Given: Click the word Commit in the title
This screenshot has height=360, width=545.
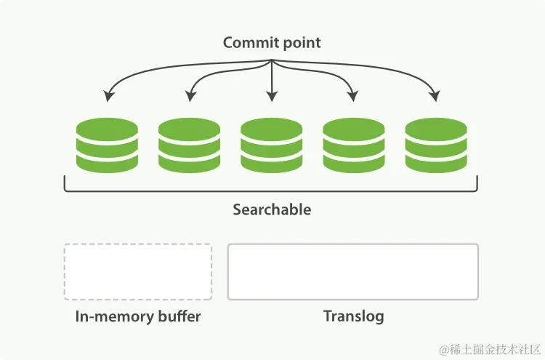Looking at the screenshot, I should click(248, 43).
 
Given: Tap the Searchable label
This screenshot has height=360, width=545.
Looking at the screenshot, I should click(272, 210).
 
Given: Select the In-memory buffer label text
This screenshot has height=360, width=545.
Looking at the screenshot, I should click(138, 317).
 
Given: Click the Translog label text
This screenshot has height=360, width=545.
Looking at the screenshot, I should click(353, 317).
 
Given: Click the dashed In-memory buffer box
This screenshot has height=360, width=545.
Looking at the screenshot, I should click(138, 271).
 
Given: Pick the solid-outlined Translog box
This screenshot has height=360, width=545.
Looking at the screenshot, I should click(353, 271).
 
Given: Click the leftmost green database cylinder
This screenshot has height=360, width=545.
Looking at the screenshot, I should click(107, 145).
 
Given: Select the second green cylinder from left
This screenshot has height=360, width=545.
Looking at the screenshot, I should click(189, 145).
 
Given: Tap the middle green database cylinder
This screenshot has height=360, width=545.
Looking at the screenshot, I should click(272, 145).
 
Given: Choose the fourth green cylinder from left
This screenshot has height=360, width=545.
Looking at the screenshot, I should click(354, 145).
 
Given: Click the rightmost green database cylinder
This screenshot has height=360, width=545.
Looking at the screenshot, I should click(436, 145).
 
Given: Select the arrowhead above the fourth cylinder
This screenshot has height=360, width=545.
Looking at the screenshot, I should click(353, 97).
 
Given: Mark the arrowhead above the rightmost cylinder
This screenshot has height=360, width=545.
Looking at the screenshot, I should click(435, 97).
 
